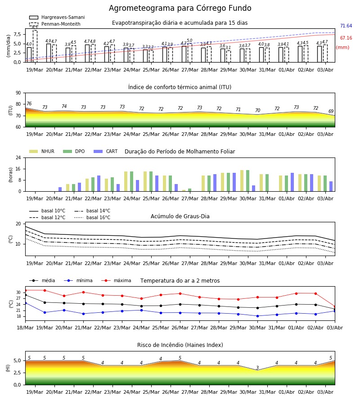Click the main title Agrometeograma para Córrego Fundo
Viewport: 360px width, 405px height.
point(180,8)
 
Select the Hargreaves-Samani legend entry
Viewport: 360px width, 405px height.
point(57,17)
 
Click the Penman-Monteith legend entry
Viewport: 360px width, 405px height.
point(55,24)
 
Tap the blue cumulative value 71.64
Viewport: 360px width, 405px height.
point(346,26)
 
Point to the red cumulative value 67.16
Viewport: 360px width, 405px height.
point(346,38)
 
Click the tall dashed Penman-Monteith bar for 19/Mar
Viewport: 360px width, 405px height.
point(35,46)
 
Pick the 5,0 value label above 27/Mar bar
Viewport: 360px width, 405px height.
point(189,40)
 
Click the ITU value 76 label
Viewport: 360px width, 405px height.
point(29,103)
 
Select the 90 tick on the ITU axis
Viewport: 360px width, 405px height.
point(18,93)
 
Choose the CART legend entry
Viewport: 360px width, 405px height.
point(106,151)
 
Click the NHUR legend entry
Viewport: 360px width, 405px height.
point(42,151)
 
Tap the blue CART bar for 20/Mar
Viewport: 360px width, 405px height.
point(60,189)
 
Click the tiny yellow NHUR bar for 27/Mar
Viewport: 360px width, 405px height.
point(184,191)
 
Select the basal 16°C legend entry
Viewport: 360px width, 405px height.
point(92,217)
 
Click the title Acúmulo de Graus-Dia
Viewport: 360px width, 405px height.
point(180,216)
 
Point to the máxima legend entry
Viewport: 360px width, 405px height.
point(116,280)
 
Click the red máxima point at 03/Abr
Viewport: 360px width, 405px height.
point(335,307)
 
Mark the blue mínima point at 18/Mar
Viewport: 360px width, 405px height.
point(25,303)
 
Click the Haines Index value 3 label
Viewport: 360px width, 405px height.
point(257,368)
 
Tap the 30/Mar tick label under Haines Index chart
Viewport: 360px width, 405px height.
point(248,392)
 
